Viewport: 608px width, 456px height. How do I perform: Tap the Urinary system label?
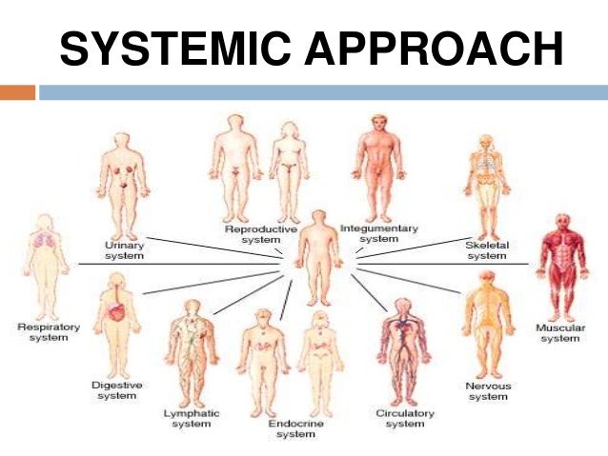click(x=124, y=250)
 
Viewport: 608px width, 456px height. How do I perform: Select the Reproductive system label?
click(x=260, y=234)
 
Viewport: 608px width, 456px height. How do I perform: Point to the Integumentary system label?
click(x=379, y=233)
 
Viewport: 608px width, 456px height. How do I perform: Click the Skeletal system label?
click(x=487, y=249)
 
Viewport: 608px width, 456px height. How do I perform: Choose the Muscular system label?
click(x=559, y=333)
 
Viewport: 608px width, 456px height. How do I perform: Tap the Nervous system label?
click(x=488, y=390)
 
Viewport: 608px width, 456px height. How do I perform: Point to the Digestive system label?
click(x=116, y=389)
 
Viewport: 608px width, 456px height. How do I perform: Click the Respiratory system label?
click(x=49, y=332)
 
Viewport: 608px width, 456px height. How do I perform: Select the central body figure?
click(x=317, y=251)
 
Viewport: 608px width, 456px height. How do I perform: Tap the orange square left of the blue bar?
click(x=18, y=92)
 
